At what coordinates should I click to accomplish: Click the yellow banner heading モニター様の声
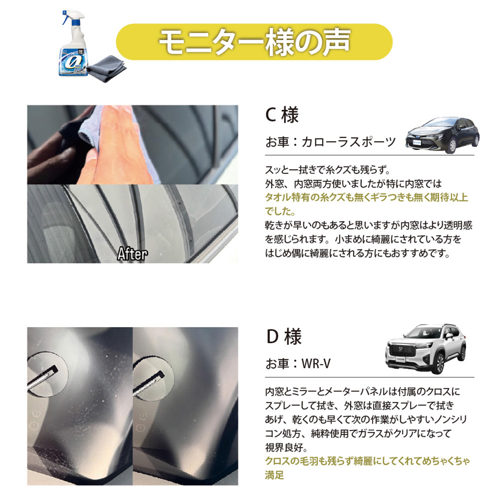pos(254,42)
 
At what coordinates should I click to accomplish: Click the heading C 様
pos(282,115)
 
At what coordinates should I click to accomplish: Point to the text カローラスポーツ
pos(348,142)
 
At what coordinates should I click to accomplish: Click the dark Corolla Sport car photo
pos(442,135)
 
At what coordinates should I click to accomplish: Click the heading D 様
pos(284,337)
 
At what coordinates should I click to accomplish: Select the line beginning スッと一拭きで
pos(327,170)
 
